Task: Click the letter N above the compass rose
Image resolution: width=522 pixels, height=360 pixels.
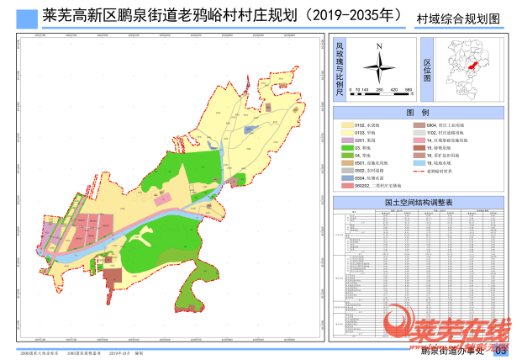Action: point(380,46)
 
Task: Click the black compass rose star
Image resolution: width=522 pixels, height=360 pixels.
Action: point(380,65)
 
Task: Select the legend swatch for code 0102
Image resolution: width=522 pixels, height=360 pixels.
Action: point(346,124)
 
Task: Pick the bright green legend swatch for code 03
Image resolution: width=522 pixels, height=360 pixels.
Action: point(346,147)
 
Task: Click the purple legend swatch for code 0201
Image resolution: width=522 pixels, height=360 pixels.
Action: point(346,140)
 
